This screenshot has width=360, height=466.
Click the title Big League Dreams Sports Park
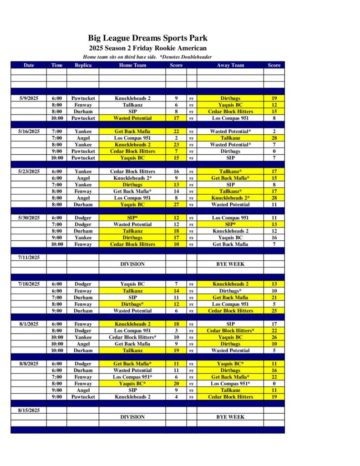tap(147, 38)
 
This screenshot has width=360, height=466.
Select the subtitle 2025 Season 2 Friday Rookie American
tap(147, 48)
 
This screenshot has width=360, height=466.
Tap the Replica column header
tap(83, 65)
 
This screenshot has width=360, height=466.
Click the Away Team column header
tap(230, 65)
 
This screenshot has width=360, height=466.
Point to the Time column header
tap(57, 65)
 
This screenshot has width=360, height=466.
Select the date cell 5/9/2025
tap(29, 98)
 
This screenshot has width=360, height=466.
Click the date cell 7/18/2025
tap(29, 284)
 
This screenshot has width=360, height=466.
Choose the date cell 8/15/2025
tap(29, 410)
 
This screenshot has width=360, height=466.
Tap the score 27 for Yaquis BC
tap(176, 205)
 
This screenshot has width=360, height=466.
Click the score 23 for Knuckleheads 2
tap(176, 145)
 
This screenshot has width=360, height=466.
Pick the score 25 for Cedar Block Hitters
tap(274, 311)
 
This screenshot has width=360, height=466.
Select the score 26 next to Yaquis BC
tap(274, 338)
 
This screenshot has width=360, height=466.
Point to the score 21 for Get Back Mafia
tap(274, 298)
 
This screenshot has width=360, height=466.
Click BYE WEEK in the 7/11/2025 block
tap(230, 264)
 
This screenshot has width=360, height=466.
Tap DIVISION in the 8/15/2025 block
tap(132, 417)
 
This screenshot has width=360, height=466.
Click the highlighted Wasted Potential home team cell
tap(132, 118)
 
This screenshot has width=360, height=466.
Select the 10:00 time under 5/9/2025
tap(57, 118)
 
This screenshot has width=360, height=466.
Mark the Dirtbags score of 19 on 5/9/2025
tap(274, 98)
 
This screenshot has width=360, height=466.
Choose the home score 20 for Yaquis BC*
tap(176, 384)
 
